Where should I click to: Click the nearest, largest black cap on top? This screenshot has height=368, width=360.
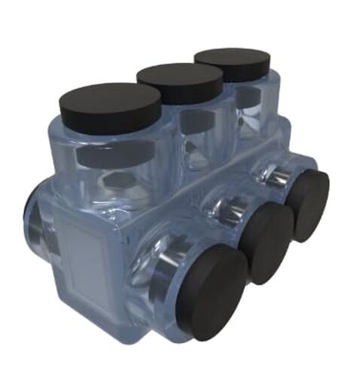110,106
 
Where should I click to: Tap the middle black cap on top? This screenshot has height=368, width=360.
179,81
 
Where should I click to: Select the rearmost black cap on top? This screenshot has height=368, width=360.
232,63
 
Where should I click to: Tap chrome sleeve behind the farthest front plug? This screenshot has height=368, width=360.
276,179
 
